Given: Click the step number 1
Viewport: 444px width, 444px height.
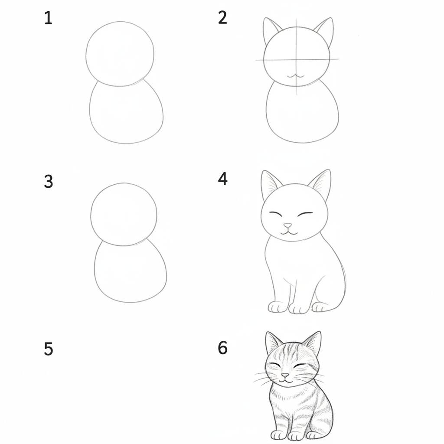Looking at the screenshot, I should point(48,18).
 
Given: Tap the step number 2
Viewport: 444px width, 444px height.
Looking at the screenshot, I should point(222,18).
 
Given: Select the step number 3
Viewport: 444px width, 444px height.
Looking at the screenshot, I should point(48,181).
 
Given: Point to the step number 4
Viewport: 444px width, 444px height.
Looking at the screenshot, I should point(222,179).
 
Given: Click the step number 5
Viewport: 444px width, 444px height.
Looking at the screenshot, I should point(48,349).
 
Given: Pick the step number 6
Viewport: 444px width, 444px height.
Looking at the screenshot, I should point(222,348).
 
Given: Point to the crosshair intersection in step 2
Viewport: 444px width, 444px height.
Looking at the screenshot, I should point(297,59).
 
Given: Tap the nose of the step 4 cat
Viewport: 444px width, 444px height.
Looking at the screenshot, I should point(288,226).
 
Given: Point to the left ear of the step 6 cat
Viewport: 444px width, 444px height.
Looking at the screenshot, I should point(272,343).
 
